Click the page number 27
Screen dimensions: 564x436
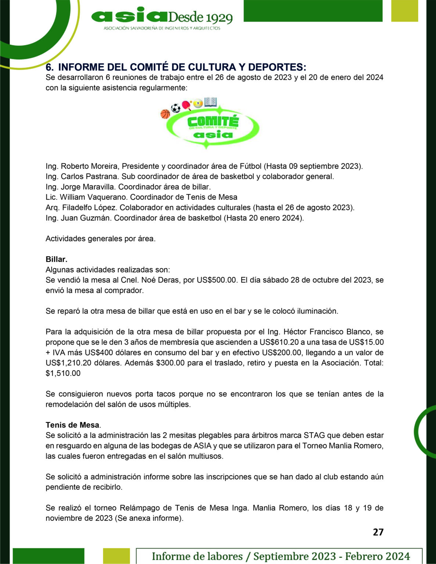(378, 532)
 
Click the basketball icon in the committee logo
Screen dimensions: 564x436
(165, 114)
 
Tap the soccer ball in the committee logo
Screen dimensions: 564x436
(176, 108)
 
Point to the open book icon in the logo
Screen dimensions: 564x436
(210, 102)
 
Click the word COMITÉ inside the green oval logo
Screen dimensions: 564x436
(213, 121)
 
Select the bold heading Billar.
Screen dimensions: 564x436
(56, 259)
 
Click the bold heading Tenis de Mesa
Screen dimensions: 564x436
(72, 425)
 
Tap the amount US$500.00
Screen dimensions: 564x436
(217, 280)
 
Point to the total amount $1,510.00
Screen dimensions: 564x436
(63, 373)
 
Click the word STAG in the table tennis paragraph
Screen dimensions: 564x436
(314, 435)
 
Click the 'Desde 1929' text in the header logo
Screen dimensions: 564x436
(200, 17)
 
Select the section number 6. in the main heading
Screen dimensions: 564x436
(50, 67)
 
